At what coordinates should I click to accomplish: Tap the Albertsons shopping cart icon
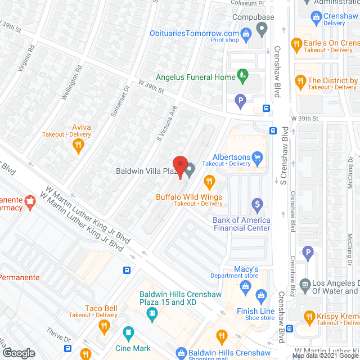[x=258, y=157]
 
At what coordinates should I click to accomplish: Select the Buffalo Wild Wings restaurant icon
[x=209, y=181]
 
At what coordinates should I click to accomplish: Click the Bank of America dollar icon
[x=257, y=204]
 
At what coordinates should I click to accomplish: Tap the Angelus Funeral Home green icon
[x=242, y=74]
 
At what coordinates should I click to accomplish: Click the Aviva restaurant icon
[x=78, y=145]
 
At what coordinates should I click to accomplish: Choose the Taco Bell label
[x=101, y=308]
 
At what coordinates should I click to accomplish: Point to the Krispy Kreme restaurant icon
[x=309, y=317]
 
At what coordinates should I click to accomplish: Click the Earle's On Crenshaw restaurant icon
[x=296, y=43]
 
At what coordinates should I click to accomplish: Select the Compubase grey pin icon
[x=261, y=28]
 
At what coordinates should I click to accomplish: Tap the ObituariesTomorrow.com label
[x=195, y=33]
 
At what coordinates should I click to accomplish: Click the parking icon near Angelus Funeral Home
[x=240, y=102]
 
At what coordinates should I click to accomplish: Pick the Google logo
[x=19, y=353]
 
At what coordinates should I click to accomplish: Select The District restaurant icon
[x=300, y=81]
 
